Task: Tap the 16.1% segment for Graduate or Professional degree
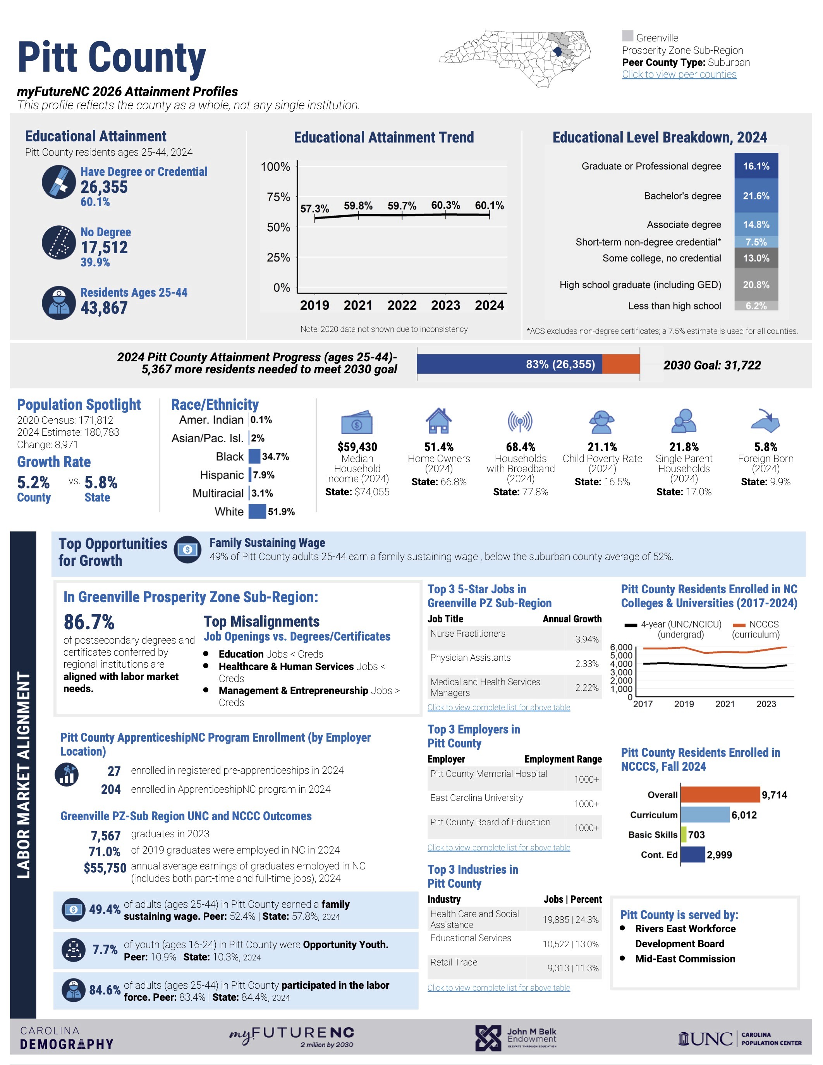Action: [756, 166]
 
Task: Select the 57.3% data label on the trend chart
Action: [314, 209]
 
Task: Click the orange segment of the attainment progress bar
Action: [621, 364]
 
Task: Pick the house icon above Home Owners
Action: [439, 421]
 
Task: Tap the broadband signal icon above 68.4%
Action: [520, 421]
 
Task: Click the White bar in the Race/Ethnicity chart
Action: [257, 512]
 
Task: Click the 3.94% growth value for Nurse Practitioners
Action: [586, 639]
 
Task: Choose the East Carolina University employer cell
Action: [476, 798]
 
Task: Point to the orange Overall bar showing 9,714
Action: [720, 795]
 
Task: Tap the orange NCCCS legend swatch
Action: [739, 625]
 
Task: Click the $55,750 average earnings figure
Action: [105, 868]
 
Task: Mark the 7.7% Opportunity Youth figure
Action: [105, 950]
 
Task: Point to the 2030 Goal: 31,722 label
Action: [712, 365]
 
